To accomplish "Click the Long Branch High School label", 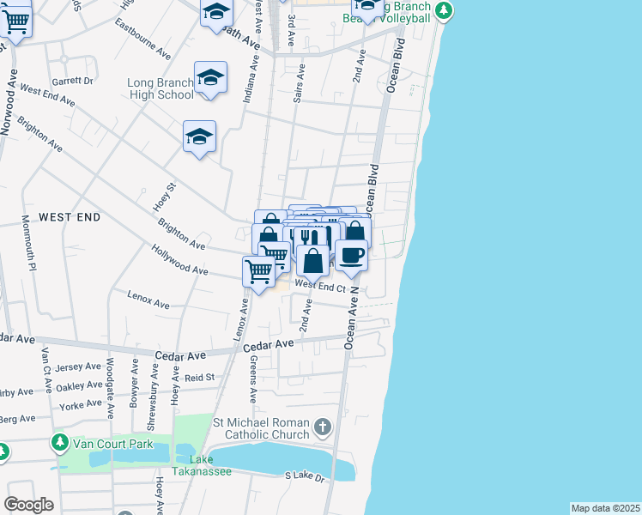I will (x=160, y=88).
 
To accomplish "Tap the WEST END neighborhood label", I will (x=70, y=217).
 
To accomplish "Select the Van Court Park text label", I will (x=112, y=444).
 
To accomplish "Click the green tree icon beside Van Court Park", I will (x=59, y=443).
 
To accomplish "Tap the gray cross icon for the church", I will (x=322, y=427).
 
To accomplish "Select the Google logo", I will (x=28, y=505).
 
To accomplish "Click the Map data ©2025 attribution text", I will (x=605, y=508).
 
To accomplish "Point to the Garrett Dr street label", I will (x=72, y=81).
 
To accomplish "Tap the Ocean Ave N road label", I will (x=350, y=318).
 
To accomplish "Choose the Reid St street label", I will (x=199, y=377).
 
